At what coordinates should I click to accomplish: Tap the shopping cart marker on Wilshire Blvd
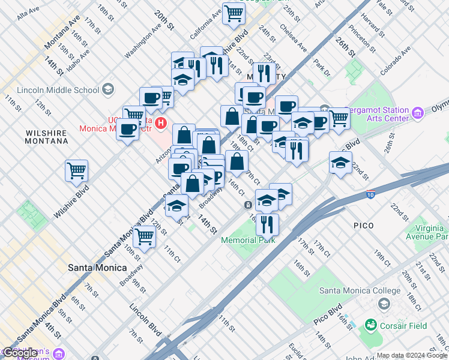pyautogui.click(x=77, y=171)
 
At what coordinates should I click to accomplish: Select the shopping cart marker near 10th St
pyautogui.click(x=145, y=237)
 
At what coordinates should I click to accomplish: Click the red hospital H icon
pyautogui.click(x=160, y=124)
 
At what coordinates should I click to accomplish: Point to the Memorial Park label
pyautogui.click(x=248, y=240)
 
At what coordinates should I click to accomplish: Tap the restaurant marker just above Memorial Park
pyautogui.click(x=267, y=224)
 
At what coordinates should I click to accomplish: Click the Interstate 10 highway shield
pyautogui.click(x=372, y=196)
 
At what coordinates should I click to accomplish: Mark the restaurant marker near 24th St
pyautogui.click(x=264, y=73)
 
